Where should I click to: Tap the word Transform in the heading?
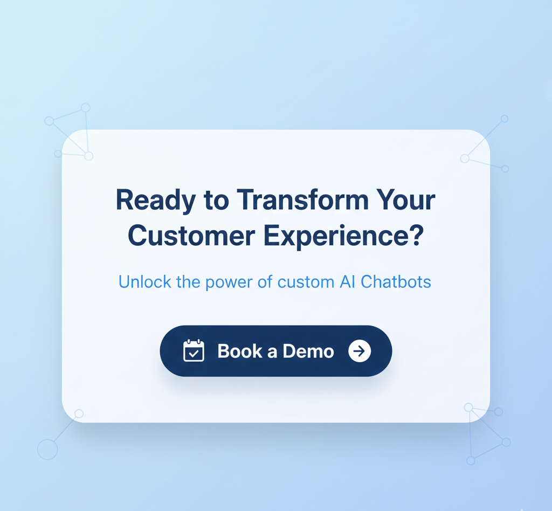302,199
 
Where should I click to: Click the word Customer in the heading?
191,236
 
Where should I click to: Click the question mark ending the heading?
416,235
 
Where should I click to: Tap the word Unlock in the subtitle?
144,281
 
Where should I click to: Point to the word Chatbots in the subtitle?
396,281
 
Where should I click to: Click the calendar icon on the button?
194,350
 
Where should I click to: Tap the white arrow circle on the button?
360,351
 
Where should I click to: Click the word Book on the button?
240,351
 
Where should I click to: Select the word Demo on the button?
308,351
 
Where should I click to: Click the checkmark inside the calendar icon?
194,354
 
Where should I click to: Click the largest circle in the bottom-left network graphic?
47,450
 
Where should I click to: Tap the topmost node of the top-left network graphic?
86,108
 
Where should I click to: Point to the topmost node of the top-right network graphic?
505,119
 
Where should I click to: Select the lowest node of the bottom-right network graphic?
471,461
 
